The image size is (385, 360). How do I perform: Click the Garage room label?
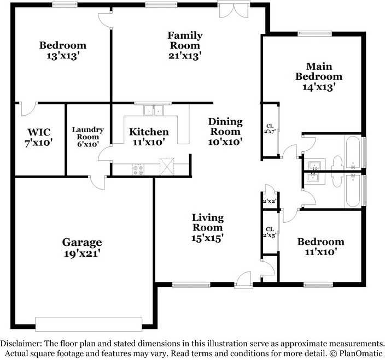pyautogui.click(x=81, y=242)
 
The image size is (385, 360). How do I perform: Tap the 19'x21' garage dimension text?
pyautogui.click(x=81, y=253)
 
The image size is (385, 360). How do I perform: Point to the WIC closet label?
pyautogui.click(x=39, y=132)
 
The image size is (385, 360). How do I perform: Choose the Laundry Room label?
pyautogui.click(x=87, y=134)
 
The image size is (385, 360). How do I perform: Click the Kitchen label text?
pyautogui.click(x=149, y=132)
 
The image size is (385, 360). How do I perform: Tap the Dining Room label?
pyautogui.click(x=225, y=127)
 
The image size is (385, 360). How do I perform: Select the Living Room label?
pyautogui.click(x=207, y=222)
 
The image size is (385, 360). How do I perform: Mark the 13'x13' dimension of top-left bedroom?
pyautogui.click(x=63, y=56)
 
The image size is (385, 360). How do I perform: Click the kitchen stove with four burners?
pyautogui.click(x=138, y=169)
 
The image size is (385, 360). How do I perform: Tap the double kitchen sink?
pyautogui.click(x=154, y=111)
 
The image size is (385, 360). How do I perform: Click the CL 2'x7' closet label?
pyautogui.click(x=270, y=128)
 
